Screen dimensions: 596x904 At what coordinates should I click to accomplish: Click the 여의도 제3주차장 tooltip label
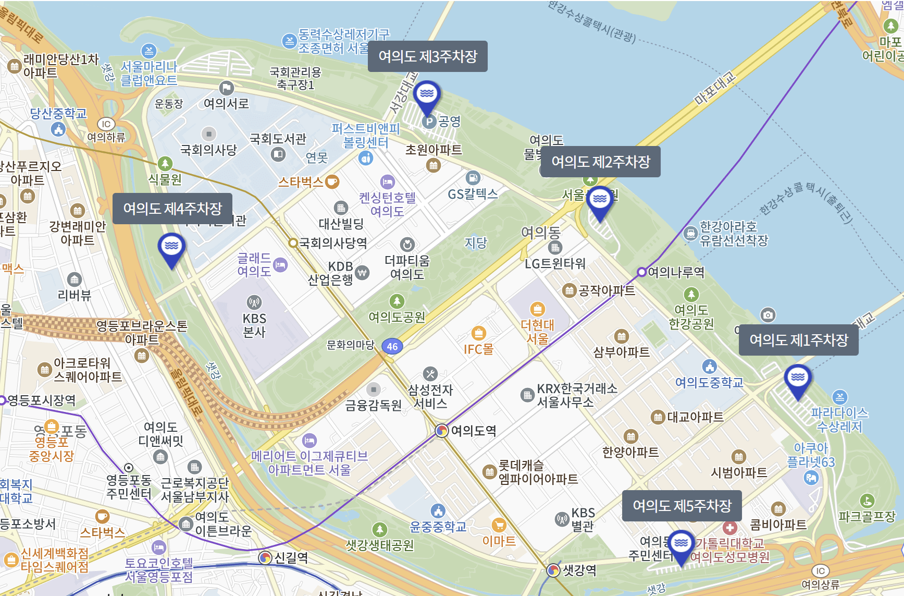[x=427, y=56]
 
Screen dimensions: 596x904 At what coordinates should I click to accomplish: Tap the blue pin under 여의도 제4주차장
[x=171, y=248]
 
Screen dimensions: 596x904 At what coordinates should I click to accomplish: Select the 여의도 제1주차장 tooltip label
[x=798, y=340]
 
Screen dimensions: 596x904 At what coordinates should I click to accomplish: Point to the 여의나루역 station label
[x=676, y=272]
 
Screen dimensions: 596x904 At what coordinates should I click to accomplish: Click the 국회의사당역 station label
[x=333, y=243]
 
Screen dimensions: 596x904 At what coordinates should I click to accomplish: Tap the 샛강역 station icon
[x=553, y=570]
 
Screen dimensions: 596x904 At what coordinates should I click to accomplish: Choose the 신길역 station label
[x=291, y=558]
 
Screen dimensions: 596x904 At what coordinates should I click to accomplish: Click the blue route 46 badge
[x=392, y=346]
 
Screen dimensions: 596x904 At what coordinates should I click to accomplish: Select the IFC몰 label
[x=478, y=349]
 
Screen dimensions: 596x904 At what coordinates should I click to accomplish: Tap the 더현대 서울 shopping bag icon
[x=537, y=309]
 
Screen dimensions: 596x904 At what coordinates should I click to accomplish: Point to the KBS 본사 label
[x=254, y=325]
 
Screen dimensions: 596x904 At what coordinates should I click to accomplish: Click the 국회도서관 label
[x=278, y=139]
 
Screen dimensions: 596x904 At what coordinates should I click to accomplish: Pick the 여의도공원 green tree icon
[x=397, y=301]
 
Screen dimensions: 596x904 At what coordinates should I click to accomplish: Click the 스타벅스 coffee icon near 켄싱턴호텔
[x=332, y=182]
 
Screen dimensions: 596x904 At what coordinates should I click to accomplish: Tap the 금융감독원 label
[x=374, y=405]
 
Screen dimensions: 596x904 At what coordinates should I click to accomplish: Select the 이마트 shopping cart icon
[x=499, y=525]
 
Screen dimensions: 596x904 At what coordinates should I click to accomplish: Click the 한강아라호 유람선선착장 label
[x=734, y=233]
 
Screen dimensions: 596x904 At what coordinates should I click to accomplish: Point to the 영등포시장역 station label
[x=42, y=400]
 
